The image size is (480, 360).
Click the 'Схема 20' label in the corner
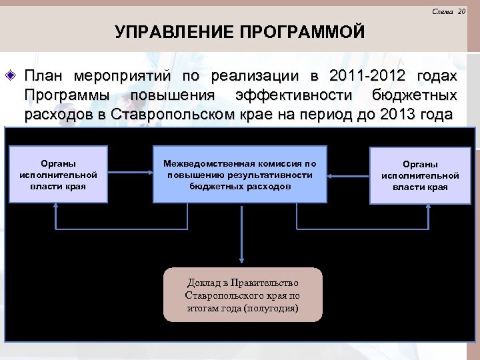pyautogui.click(x=448, y=11)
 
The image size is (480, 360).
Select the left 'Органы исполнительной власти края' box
pyautogui.click(x=57, y=175)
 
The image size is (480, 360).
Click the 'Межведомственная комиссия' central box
pyautogui.click(x=240, y=175)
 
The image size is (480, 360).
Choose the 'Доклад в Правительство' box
pyautogui.click(x=242, y=295)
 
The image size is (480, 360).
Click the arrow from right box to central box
pyautogui.click(x=348, y=175)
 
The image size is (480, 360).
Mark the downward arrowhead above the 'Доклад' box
pyautogui.click(x=242, y=261)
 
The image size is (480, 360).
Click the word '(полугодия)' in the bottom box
pyautogui.click(x=271, y=308)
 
